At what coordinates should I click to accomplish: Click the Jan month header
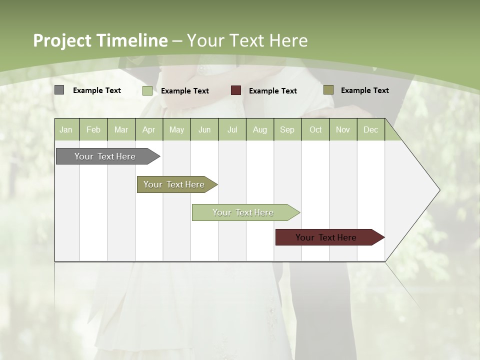tap(66, 129)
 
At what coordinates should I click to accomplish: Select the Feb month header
tap(93, 129)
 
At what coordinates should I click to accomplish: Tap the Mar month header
tap(121, 129)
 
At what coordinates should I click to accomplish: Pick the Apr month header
tap(149, 129)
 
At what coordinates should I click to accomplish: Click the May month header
tap(176, 129)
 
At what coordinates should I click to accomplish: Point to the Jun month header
tap(204, 129)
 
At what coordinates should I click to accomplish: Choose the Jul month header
tap(232, 129)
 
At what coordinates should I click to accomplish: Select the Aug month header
tap(260, 129)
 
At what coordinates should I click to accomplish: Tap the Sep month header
tap(287, 129)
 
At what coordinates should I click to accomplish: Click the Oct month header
tap(315, 129)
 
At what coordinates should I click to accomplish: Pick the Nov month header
tap(343, 129)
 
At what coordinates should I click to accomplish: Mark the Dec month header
tap(371, 129)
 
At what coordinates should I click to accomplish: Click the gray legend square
tap(59, 90)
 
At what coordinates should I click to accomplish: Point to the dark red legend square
tap(236, 90)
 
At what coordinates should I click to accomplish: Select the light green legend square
tap(147, 90)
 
